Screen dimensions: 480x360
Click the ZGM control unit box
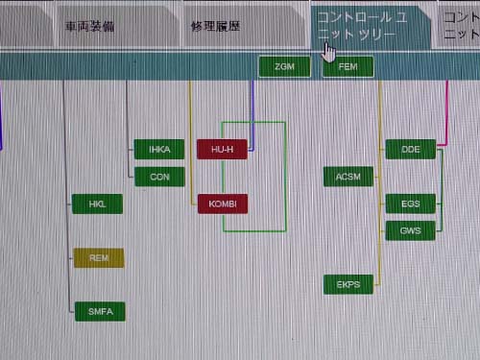[284, 67]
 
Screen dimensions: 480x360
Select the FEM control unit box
[348, 67]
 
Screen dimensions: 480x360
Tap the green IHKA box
[158, 149]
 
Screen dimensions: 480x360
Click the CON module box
[158, 176]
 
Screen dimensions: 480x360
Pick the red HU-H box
[222, 149]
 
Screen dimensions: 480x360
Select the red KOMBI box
[222, 203]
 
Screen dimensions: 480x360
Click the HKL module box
[98, 204]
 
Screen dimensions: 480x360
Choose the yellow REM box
[98, 257]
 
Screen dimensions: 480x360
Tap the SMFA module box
[100, 311]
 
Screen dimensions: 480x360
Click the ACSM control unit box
[348, 177]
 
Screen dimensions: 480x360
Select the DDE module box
[410, 149]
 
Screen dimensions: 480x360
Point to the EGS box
[410, 203]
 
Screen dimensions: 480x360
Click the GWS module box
[410, 229]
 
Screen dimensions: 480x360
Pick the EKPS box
[348, 284]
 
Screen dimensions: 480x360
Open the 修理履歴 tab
[216, 26]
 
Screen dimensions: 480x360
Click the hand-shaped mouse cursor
[329, 50]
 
